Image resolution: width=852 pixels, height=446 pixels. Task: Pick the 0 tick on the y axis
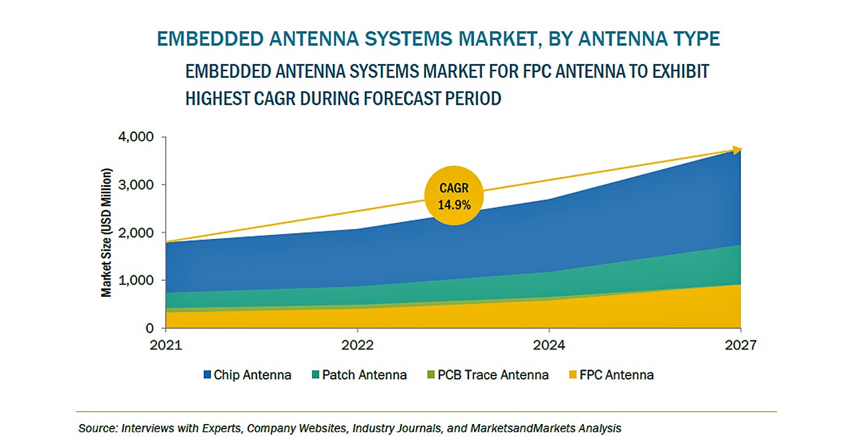149,329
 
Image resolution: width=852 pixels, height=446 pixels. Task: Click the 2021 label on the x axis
166,346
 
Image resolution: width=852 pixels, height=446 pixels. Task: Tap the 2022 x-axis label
357,346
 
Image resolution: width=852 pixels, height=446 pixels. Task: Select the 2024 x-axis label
549,346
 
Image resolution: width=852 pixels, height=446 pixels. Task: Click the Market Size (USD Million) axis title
106,232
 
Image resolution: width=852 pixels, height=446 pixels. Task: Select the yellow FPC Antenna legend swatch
572,375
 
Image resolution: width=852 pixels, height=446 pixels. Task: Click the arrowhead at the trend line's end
736,151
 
